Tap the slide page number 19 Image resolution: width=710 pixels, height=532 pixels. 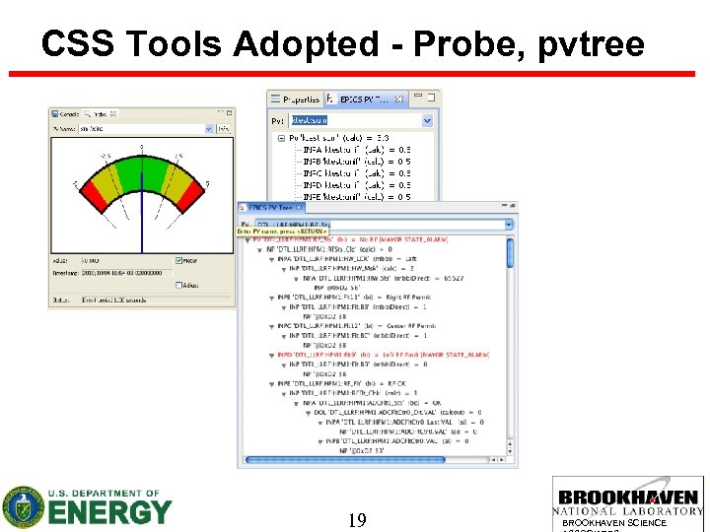point(356,519)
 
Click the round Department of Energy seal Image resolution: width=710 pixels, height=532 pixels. point(22,507)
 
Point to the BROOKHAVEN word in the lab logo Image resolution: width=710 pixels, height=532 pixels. point(628,498)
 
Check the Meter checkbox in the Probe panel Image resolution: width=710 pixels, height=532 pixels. point(178,261)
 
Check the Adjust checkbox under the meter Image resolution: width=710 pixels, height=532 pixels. point(178,285)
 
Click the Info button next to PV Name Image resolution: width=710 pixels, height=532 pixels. point(224,127)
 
